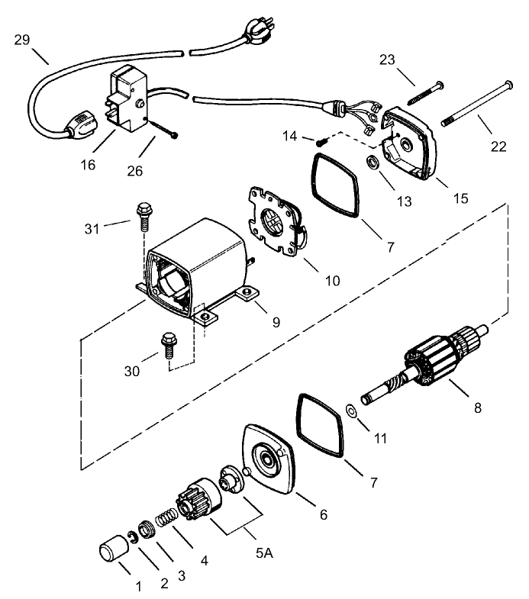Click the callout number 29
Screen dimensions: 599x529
click(x=22, y=40)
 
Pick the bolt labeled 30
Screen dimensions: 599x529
click(x=167, y=345)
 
